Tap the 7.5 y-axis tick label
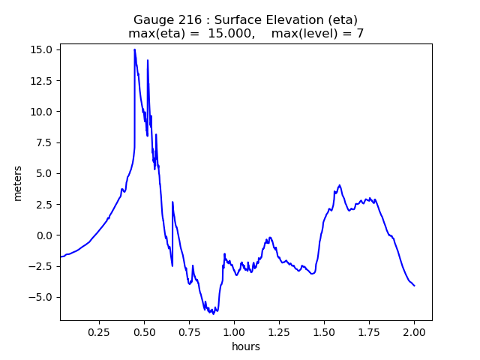(43, 142)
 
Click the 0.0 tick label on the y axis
(43, 235)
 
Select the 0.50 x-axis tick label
(144, 331)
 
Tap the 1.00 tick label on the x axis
(234, 331)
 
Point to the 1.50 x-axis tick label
(324, 331)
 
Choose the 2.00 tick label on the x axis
(414, 331)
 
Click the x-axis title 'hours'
(245, 346)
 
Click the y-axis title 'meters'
(17, 183)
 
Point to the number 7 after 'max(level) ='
(360, 33)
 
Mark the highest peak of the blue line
(135, 49)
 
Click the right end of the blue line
(414, 286)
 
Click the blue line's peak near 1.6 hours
(340, 184)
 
